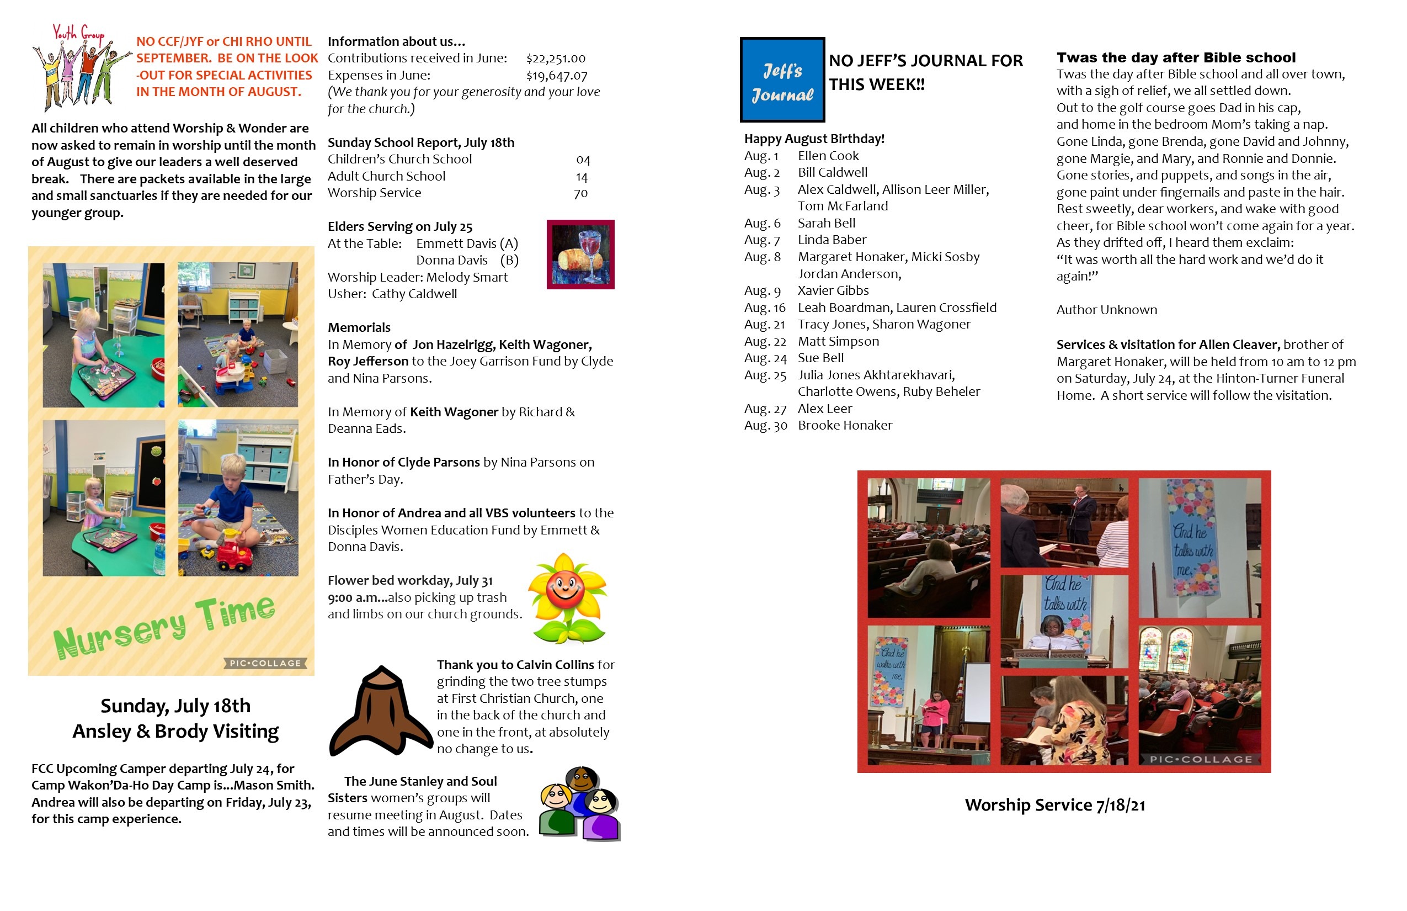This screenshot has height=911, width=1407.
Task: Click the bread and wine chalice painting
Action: click(580, 255)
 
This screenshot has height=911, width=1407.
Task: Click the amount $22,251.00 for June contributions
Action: click(555, 59)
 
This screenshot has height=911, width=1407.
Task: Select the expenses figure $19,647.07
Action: click(556, 76)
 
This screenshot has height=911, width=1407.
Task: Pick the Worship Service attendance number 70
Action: click(580, 193)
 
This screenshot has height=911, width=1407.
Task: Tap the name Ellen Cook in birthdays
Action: click(828, 156)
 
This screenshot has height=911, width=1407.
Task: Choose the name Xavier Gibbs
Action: click(833, 291)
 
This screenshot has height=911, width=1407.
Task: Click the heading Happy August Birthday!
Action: click(813, 139)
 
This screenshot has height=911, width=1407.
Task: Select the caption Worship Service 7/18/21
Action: click(1054, 805)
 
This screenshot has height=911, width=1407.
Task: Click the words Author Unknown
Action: click(1106, 310)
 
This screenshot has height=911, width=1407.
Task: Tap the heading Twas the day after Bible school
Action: click(1175, 57)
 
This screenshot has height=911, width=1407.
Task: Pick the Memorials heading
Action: click(359, 328)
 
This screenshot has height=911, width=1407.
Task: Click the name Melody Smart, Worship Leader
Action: click(466, 277)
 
